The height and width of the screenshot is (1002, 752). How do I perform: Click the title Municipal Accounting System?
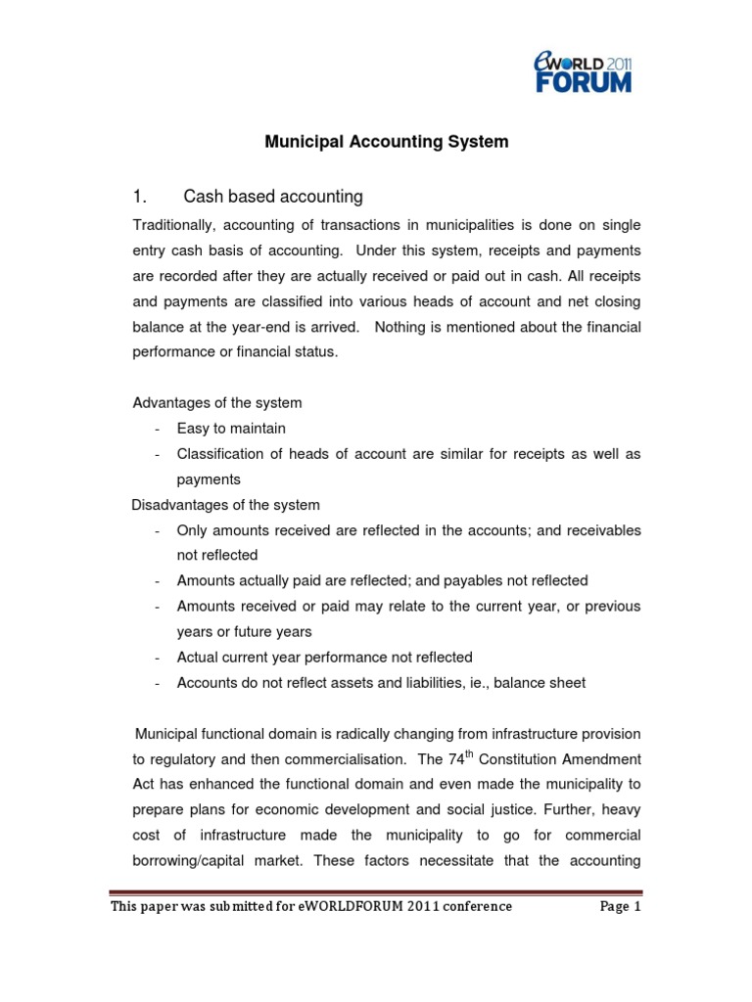387,142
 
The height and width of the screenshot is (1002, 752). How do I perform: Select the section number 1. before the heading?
140,197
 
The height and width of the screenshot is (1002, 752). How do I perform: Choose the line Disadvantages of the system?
225,505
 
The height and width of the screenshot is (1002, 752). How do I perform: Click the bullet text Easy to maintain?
231,429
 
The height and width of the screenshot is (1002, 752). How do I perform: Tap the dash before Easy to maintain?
157,429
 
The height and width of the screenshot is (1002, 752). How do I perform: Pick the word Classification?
217,454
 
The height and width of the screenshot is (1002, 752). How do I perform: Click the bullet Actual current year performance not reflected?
324,658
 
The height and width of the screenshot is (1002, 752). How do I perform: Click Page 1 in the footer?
619,906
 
